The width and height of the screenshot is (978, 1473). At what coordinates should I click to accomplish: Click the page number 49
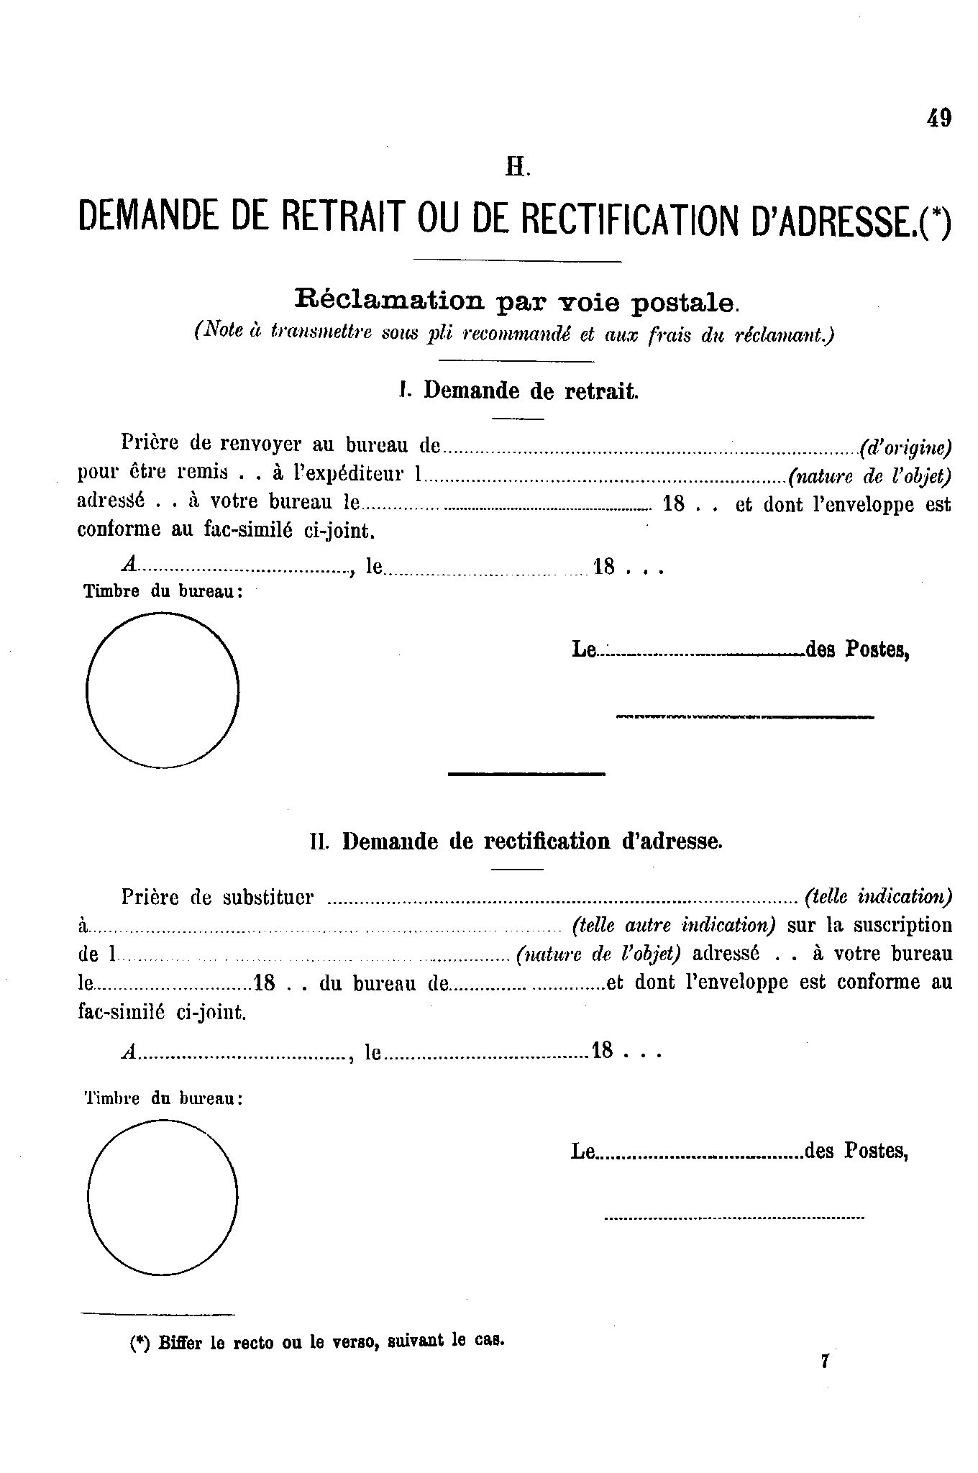point(939,118)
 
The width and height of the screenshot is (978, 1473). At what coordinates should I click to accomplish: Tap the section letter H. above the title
point(518,168)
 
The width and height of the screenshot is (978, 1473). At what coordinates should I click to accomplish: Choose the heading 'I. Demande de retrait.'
point(518,391)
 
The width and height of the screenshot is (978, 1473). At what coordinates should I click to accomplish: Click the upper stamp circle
point(163,690)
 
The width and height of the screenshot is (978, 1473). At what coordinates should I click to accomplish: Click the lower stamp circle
point(163,1198)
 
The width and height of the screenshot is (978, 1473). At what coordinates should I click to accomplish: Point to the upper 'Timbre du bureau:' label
point(163,592)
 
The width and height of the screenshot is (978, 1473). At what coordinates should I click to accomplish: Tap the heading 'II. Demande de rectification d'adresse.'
point(516,841)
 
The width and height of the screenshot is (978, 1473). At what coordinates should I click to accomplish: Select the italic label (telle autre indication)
point(674,925)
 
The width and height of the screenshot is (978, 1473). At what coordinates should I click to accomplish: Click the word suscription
point(902,925)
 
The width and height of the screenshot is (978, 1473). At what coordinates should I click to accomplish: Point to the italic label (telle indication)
point(879,897)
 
